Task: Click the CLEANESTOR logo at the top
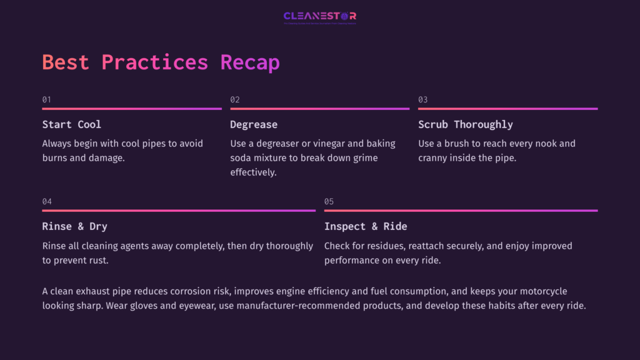point(320,16)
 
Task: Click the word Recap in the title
point(250,62)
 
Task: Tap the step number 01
point(47,100)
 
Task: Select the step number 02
point(235,100)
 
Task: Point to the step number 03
point(423,100)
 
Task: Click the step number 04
point(47,201)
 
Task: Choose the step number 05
point(329,201)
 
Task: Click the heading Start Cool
point(71,124)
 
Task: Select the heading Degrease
point(254,124)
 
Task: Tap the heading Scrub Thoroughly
point(466,124)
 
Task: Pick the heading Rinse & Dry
point(75,226)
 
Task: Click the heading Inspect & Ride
point(366,226)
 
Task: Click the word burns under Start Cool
point(56,158)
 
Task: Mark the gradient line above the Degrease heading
point(319,109)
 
